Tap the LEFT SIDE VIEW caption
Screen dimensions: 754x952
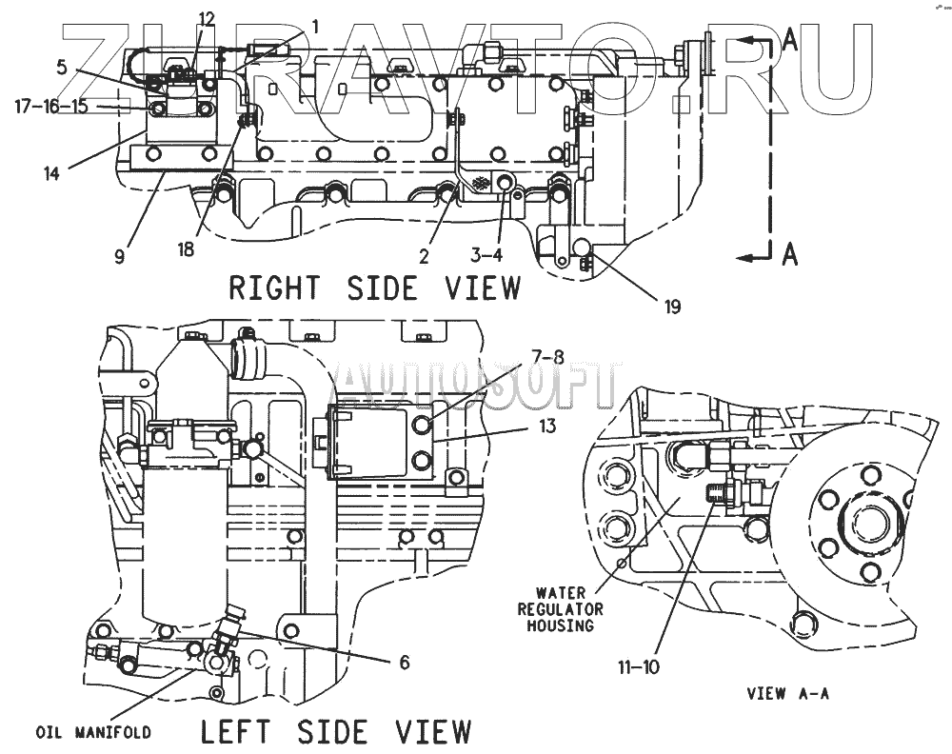tap(336, 731)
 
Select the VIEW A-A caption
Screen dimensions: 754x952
tap(789, 694)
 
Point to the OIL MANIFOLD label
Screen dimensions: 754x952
tap(93, 732)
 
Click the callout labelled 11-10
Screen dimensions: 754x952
tap(637, 666)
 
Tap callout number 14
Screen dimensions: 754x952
tap(50, 173)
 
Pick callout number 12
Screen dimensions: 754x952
tap(207, 18)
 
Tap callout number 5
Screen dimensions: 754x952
tap(61, 67)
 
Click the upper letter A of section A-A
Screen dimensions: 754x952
tap(789, 40)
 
